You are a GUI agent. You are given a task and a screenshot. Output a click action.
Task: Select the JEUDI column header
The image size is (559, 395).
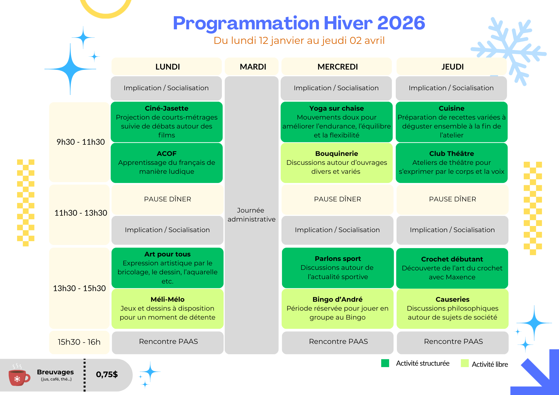pyautogui.click(x=452, y=66)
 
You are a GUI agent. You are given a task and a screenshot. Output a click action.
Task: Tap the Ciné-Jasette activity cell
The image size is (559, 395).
pyautogui.click(x=167, y=122)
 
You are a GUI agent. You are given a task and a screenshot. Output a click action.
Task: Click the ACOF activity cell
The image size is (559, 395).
pyautogui.click(x=167, y=163)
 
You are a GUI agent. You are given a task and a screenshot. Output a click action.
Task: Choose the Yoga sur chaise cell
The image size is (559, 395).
pyautogui.click(x=337, y=122)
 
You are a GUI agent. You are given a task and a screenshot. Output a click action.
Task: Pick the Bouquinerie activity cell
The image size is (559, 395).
pyautogui.click(x=337, y=163)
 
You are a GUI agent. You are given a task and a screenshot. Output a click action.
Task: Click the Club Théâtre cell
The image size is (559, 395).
pyautogui.click(x=452, y=163)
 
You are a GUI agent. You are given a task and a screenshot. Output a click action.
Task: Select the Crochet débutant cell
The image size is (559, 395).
pyautogui.click(x=452, y=268)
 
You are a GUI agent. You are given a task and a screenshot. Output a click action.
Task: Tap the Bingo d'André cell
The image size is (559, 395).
pyautogui.click(x=338, y=309)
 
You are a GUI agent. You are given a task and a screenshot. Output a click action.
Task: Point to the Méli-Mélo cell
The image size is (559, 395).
pyautogui.click(x=167, y=309)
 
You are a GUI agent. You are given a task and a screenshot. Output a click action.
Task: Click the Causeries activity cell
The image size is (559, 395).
pyautogui.click(x=453, y=309)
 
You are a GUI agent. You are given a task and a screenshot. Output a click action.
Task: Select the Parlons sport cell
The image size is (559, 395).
pyautogui.click(x=338, y=268)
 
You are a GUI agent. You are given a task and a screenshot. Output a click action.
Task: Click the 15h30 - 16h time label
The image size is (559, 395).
pyautogui.click(x=79, y=342)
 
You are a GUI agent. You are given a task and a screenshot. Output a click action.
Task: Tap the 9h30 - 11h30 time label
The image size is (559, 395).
pyautogui.click(x=80, y=142)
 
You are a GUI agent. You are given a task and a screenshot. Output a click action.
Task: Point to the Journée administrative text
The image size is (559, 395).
pyautogui.click(x=252, y=215)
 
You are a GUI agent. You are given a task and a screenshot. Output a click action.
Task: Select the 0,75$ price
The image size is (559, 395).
pyautogui.click(x=107, y=374)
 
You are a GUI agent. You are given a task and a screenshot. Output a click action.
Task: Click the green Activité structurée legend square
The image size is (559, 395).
pyautogui.click(x=385, y=363)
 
